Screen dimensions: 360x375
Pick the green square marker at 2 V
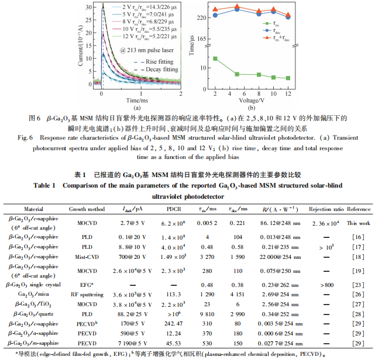(x=215, y=58)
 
